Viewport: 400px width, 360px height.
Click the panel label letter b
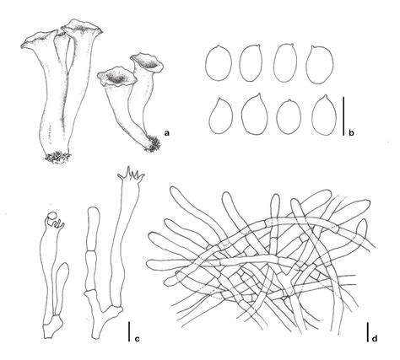[351, 132]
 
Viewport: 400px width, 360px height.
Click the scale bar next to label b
[343, 116]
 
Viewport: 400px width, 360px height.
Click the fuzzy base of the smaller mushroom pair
[153, 145]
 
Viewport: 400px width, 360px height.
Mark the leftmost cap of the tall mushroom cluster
[35, 41]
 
